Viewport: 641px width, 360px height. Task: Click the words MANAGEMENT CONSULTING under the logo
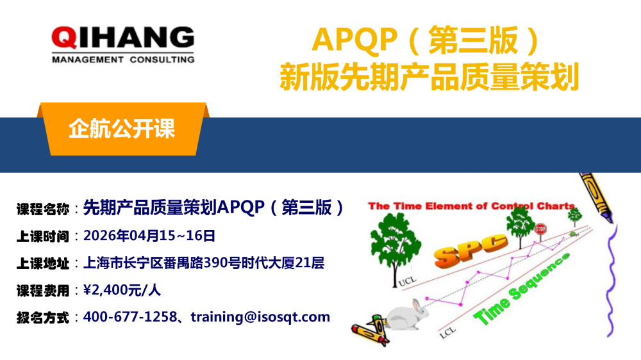click(122, 60)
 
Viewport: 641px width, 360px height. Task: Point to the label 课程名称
click(43, 208)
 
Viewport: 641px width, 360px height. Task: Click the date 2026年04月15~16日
click(149, 235)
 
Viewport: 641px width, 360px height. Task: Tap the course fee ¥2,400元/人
click(122, 290)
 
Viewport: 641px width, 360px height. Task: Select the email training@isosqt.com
click(260, 316)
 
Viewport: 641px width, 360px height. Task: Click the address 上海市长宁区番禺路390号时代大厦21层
click(204, 263)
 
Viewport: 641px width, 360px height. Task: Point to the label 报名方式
click(43, 317)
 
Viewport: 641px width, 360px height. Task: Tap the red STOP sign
click(540, 229)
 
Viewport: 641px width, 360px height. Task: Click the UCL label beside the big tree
click(406, 281)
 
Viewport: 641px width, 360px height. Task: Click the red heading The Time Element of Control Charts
click(472, 206)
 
